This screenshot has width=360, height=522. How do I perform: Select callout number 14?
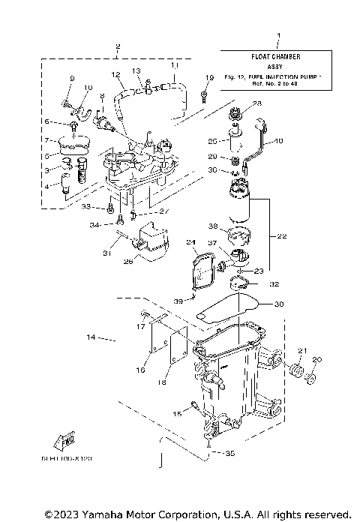coord(91,338)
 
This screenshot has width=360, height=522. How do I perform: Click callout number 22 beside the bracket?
coord(281,235)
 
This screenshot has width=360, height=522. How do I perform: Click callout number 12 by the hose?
coord(115,75)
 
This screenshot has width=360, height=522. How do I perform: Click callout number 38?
coord(213,225)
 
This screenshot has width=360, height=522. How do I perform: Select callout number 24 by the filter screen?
coord(190,241)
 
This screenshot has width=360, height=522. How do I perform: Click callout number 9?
coord(73,79)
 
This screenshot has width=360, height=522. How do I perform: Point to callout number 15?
coord(177,413)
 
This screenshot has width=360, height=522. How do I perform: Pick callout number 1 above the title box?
coord(277,36)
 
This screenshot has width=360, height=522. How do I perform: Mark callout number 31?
coord(106,253)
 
